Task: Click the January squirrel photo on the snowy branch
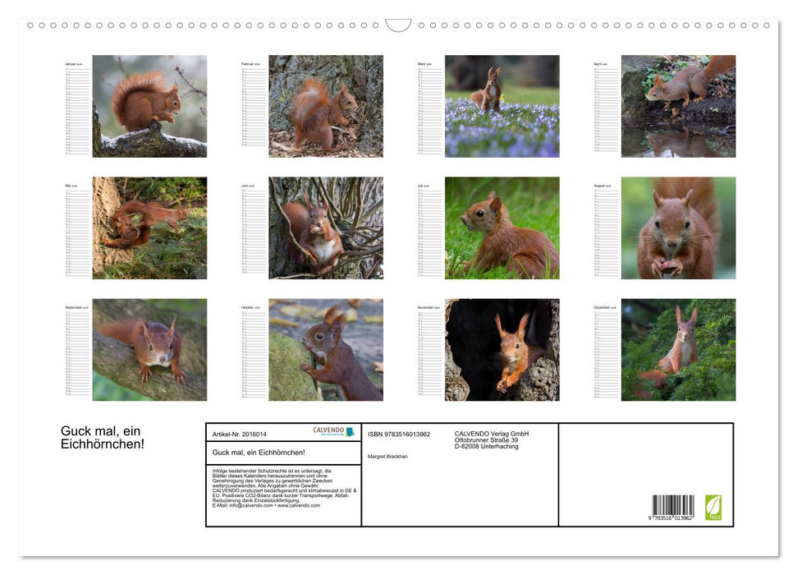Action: pyautogui.click(x=149, y=106)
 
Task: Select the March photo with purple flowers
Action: pyautogui.click(x=502, y=106)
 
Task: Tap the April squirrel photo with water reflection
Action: pyautogui.click(x=678, y=106)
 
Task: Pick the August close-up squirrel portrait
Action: pyautogui.click(x=678, y=228)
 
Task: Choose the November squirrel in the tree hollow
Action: pyautogui.click(x=502, y=350)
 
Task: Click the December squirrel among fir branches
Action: pyautogui.click(x=678, y=350)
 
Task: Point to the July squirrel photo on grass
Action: pyautogui.click(x=502, y=228)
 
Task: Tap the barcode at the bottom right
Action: pyautogui.click(x=673, y=506)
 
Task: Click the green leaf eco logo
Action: pyautogui.click(x=713, y=507)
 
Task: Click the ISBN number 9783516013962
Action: pyautogui.click(x=399, y=434)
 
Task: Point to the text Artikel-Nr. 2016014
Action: pyautogui.click(x=240, y=434)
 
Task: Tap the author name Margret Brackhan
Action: pyautogui.click(x=387, y=456)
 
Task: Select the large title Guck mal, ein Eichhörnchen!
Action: pyautogui.click(x=103, y=437)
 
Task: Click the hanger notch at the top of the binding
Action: pyautogui.click(x=398, y=25)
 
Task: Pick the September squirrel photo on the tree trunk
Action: pyautogui.click(x=149, y=350)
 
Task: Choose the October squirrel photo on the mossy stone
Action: pyautogui.click(x=325, y=350)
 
